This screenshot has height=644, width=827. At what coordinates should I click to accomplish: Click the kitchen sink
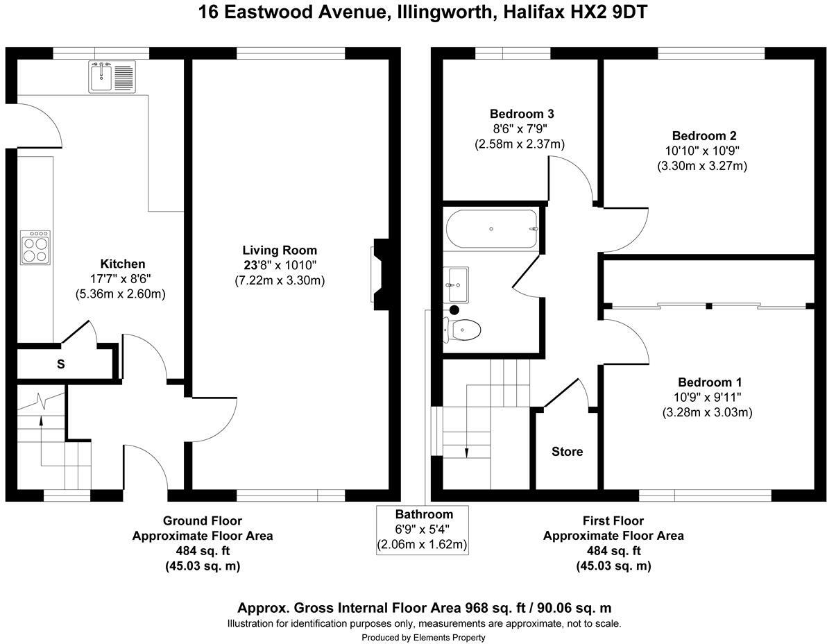click(112, 76)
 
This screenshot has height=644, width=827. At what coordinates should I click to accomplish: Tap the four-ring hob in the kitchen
click(35, 247)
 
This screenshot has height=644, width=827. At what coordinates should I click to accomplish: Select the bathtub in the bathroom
click(492, 229)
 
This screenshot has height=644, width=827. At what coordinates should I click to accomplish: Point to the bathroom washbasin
click(456, 285)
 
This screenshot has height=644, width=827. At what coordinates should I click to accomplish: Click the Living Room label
click(280, 251)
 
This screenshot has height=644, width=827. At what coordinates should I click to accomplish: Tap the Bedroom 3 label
click(522, 114)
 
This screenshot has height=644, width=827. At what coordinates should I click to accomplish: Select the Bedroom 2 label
click(704, 136)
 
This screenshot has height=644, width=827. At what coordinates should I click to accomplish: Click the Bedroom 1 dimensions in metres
click(707, 412)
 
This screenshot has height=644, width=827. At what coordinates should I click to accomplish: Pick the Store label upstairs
click(567, 452)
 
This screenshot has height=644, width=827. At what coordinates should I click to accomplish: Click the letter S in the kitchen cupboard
click(60, 364)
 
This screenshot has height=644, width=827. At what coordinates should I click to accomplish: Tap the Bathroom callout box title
click(424, 514)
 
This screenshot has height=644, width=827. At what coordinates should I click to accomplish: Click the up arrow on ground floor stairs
click(41, 420)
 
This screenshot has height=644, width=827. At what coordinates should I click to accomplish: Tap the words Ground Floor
click(203, 521)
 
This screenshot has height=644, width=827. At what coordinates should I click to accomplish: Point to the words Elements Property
click(449, 638)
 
